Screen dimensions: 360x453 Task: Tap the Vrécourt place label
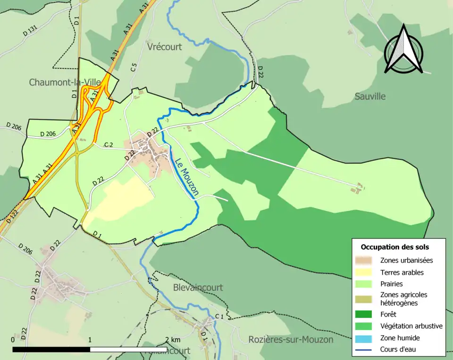coord(164,47)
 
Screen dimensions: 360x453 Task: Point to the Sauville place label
coord(370,96)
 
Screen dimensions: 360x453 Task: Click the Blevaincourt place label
coord(198,287)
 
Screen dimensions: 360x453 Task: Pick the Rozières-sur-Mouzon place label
coord(291,340)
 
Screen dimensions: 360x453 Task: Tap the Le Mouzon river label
coord(186,177)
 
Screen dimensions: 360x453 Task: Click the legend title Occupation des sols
coord(394,247)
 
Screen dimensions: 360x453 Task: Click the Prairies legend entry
coord(391,284)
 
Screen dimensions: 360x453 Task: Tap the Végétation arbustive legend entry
coord(411,326)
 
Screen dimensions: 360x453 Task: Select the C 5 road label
coord(134,67)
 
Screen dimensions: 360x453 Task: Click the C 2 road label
coord(109,144)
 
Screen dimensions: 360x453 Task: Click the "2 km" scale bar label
coord(172,340)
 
